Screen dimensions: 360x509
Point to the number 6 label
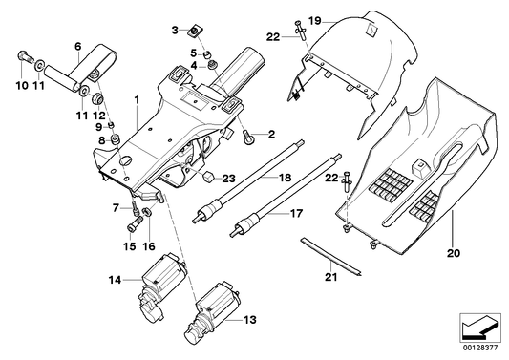(78, 46)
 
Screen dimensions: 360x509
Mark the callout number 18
(284, 179)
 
